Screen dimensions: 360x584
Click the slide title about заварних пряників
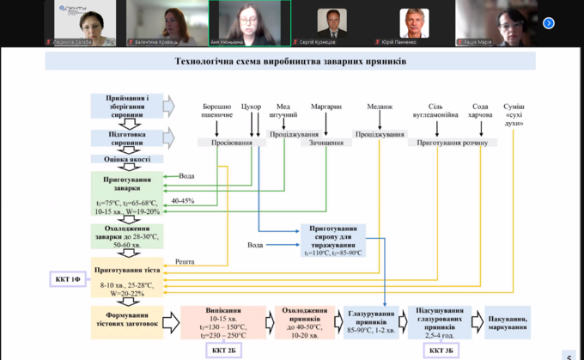[289, 61]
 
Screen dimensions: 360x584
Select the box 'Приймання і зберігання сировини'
[127, 105]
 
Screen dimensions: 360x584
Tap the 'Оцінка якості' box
[127, 159]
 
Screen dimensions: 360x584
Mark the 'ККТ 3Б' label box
[442, 351]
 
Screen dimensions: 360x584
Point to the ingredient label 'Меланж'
[379, 109]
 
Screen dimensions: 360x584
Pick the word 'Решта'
[184, 260]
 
